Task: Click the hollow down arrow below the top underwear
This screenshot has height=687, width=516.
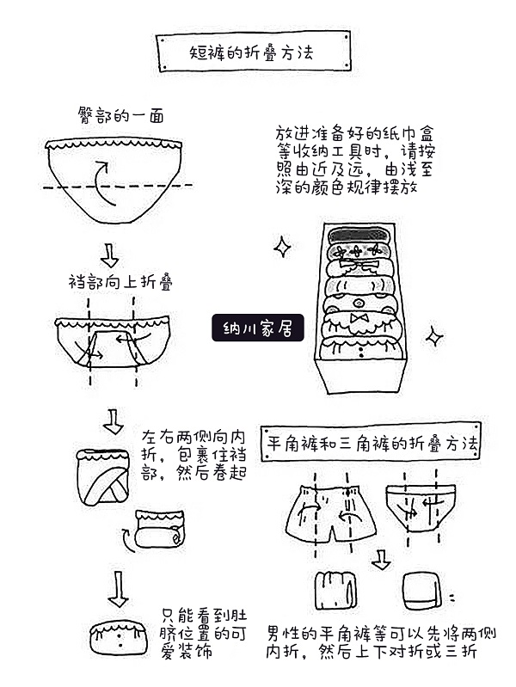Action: (110, 254)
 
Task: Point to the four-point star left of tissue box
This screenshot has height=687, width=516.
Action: (281, 248)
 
